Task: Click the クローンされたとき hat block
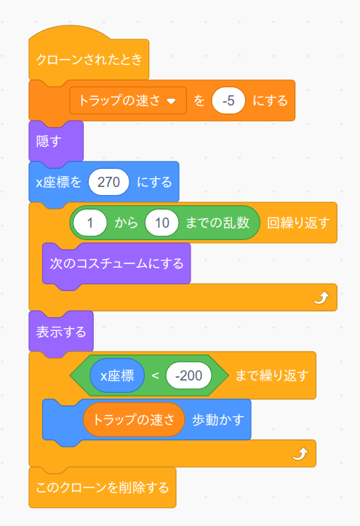89,59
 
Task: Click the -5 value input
228,100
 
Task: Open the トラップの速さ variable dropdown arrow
172,101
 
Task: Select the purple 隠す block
56,141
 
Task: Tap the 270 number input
108,182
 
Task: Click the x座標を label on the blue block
59,182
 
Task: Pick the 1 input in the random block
90,223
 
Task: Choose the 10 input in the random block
162,223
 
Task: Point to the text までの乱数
217,223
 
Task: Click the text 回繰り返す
298,223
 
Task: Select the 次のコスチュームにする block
116,263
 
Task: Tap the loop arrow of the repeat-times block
321,298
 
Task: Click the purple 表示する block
61,332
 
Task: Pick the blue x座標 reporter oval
117,375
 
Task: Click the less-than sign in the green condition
155,375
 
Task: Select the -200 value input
188,375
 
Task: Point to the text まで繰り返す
272,375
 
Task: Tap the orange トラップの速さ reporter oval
134,420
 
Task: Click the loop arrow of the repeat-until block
300,454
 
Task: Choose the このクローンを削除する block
103,487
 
